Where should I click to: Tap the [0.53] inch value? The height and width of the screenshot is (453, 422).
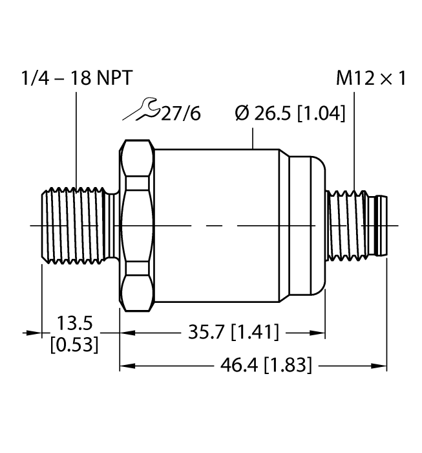click(74, 344)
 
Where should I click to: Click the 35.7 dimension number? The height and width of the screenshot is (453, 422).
click(204, 333)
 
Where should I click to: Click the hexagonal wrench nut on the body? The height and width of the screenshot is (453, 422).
click(136, 225)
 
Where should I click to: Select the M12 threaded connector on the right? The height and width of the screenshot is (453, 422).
click(355, 225)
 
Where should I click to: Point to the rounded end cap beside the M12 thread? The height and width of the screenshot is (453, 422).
click(308, 225)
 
